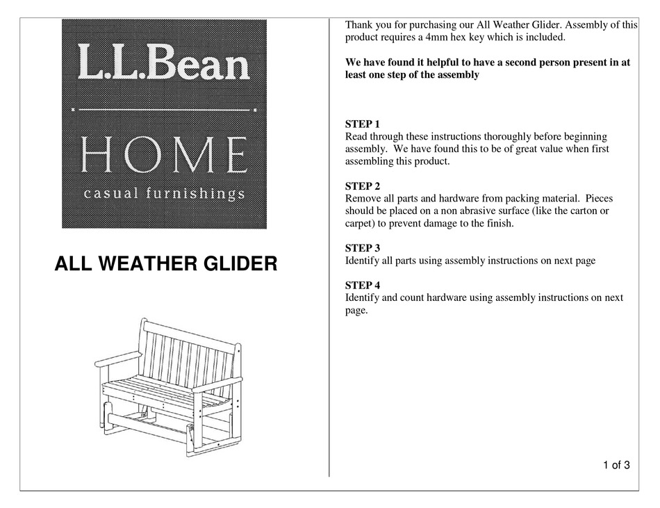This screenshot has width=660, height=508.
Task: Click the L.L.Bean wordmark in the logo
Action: click(164, 64)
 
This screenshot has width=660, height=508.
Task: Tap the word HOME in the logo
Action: click(164, 155)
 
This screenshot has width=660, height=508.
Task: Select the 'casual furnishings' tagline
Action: click(164, 193)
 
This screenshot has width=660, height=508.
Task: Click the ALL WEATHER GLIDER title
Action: click(166, 265)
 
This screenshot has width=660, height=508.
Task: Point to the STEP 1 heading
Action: click(363, 124)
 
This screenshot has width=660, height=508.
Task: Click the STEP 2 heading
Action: click(363, 186)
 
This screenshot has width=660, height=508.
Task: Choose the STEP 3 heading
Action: click(363, 248)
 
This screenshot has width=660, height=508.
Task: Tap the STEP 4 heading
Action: click(363, 286)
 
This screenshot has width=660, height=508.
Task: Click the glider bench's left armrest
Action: click(116, 360)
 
